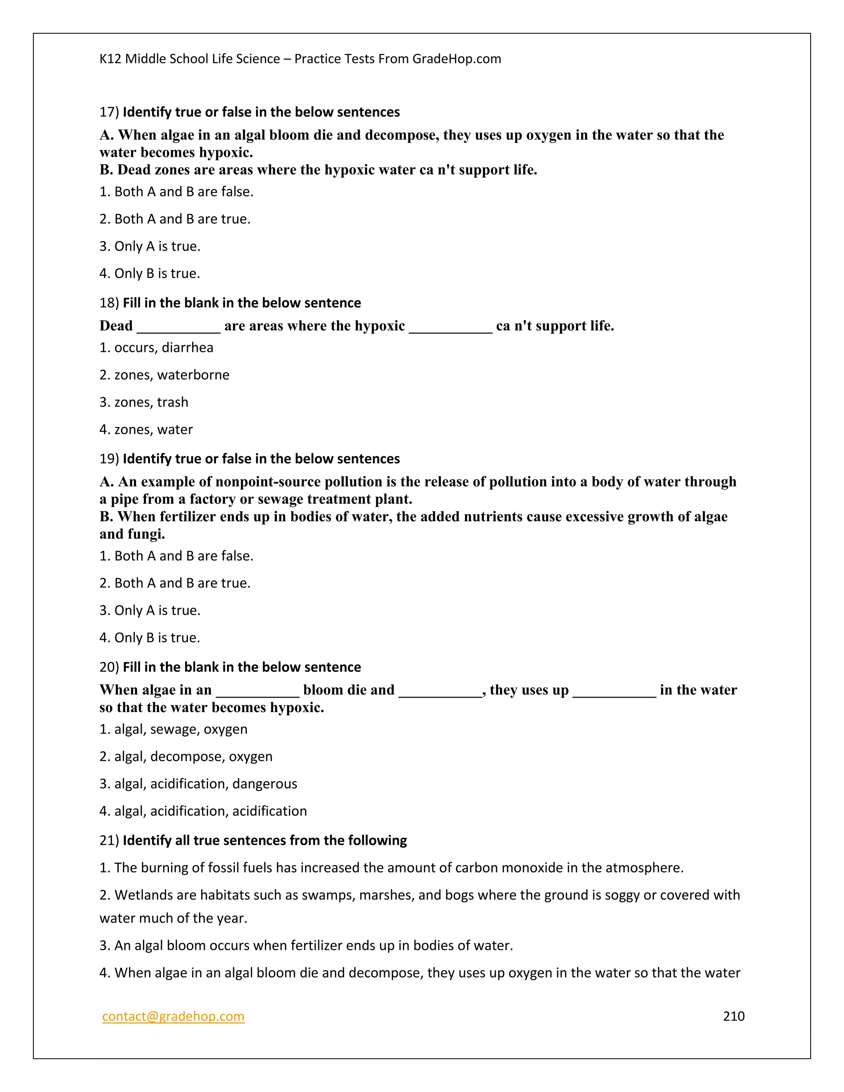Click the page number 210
734,1016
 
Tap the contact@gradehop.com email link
173,1016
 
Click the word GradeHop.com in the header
457,59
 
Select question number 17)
109,112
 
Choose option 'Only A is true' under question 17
150,246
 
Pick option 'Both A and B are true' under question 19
175,583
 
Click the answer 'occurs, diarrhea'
157,347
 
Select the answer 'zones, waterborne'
164,375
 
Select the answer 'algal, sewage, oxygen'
173,729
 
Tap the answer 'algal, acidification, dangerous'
199,784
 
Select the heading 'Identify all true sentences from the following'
265,841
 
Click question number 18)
109,303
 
